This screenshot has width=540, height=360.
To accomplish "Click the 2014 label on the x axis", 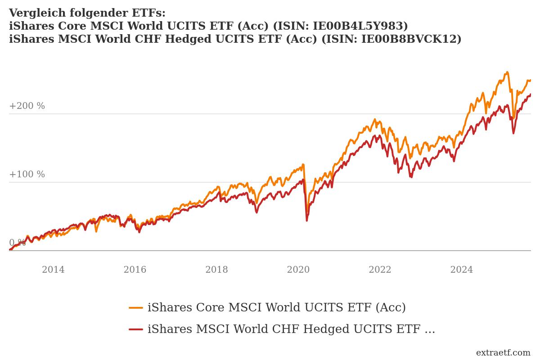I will coord(53,270).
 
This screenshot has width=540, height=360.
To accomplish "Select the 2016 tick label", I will coord(135,270).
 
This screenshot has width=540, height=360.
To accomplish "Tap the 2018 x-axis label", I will coord(216,270).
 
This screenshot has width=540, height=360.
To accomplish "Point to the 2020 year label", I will coord(298,270).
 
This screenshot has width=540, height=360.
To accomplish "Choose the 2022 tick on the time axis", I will coord(380,270).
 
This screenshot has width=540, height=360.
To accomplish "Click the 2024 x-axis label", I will coord(462,270).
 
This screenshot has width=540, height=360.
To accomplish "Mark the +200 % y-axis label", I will coord(27,106).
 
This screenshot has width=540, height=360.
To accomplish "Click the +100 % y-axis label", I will coord(27,175).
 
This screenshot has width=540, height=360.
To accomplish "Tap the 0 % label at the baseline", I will coord(17,243).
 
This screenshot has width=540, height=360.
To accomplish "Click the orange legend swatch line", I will coord(136,308).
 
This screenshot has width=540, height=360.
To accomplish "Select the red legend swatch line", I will coord(136,329).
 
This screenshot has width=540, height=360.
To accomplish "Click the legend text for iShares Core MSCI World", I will coord(276,308).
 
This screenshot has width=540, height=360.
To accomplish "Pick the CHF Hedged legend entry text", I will coord(291,329).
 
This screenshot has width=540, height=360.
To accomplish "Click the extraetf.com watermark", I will coord(503,352).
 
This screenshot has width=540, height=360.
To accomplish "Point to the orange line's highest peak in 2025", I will coord(507,72).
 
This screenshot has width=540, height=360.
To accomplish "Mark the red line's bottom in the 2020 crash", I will coord(307,220).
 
